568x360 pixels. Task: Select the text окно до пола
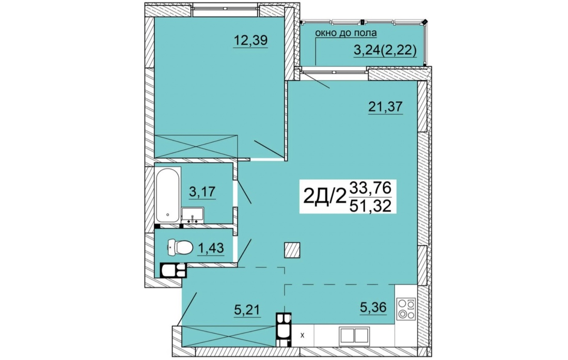[x=346, y=33]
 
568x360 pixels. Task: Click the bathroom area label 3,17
[x=202, y=191]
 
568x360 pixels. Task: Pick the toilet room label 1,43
[x=211, y=248]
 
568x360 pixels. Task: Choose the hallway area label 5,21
[x=247, y=310]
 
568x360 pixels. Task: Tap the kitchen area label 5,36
[x=373, y=307]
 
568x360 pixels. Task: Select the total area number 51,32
[x=370, y=206]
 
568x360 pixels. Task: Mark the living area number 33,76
[x=370, y=188]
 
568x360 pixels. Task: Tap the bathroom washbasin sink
[x=193, y=215]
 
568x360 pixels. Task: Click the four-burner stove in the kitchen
[x=406, y=309]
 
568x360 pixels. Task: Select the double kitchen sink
[x=354, y=336]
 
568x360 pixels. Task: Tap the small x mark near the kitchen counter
[x=303, y=335]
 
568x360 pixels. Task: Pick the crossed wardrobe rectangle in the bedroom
[x=196, y=146]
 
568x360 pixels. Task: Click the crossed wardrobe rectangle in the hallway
[x=229, y=336]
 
